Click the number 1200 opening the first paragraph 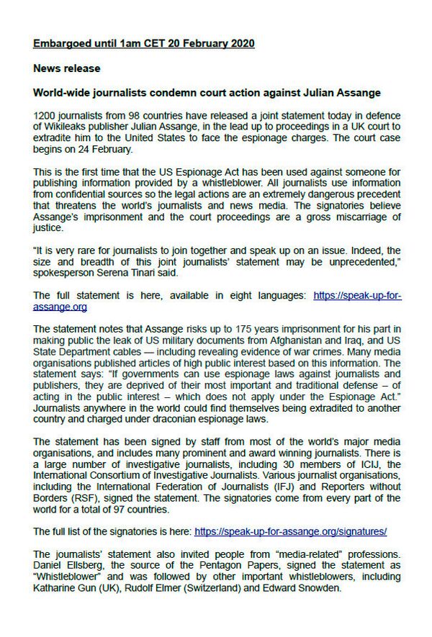coord(45,116)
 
